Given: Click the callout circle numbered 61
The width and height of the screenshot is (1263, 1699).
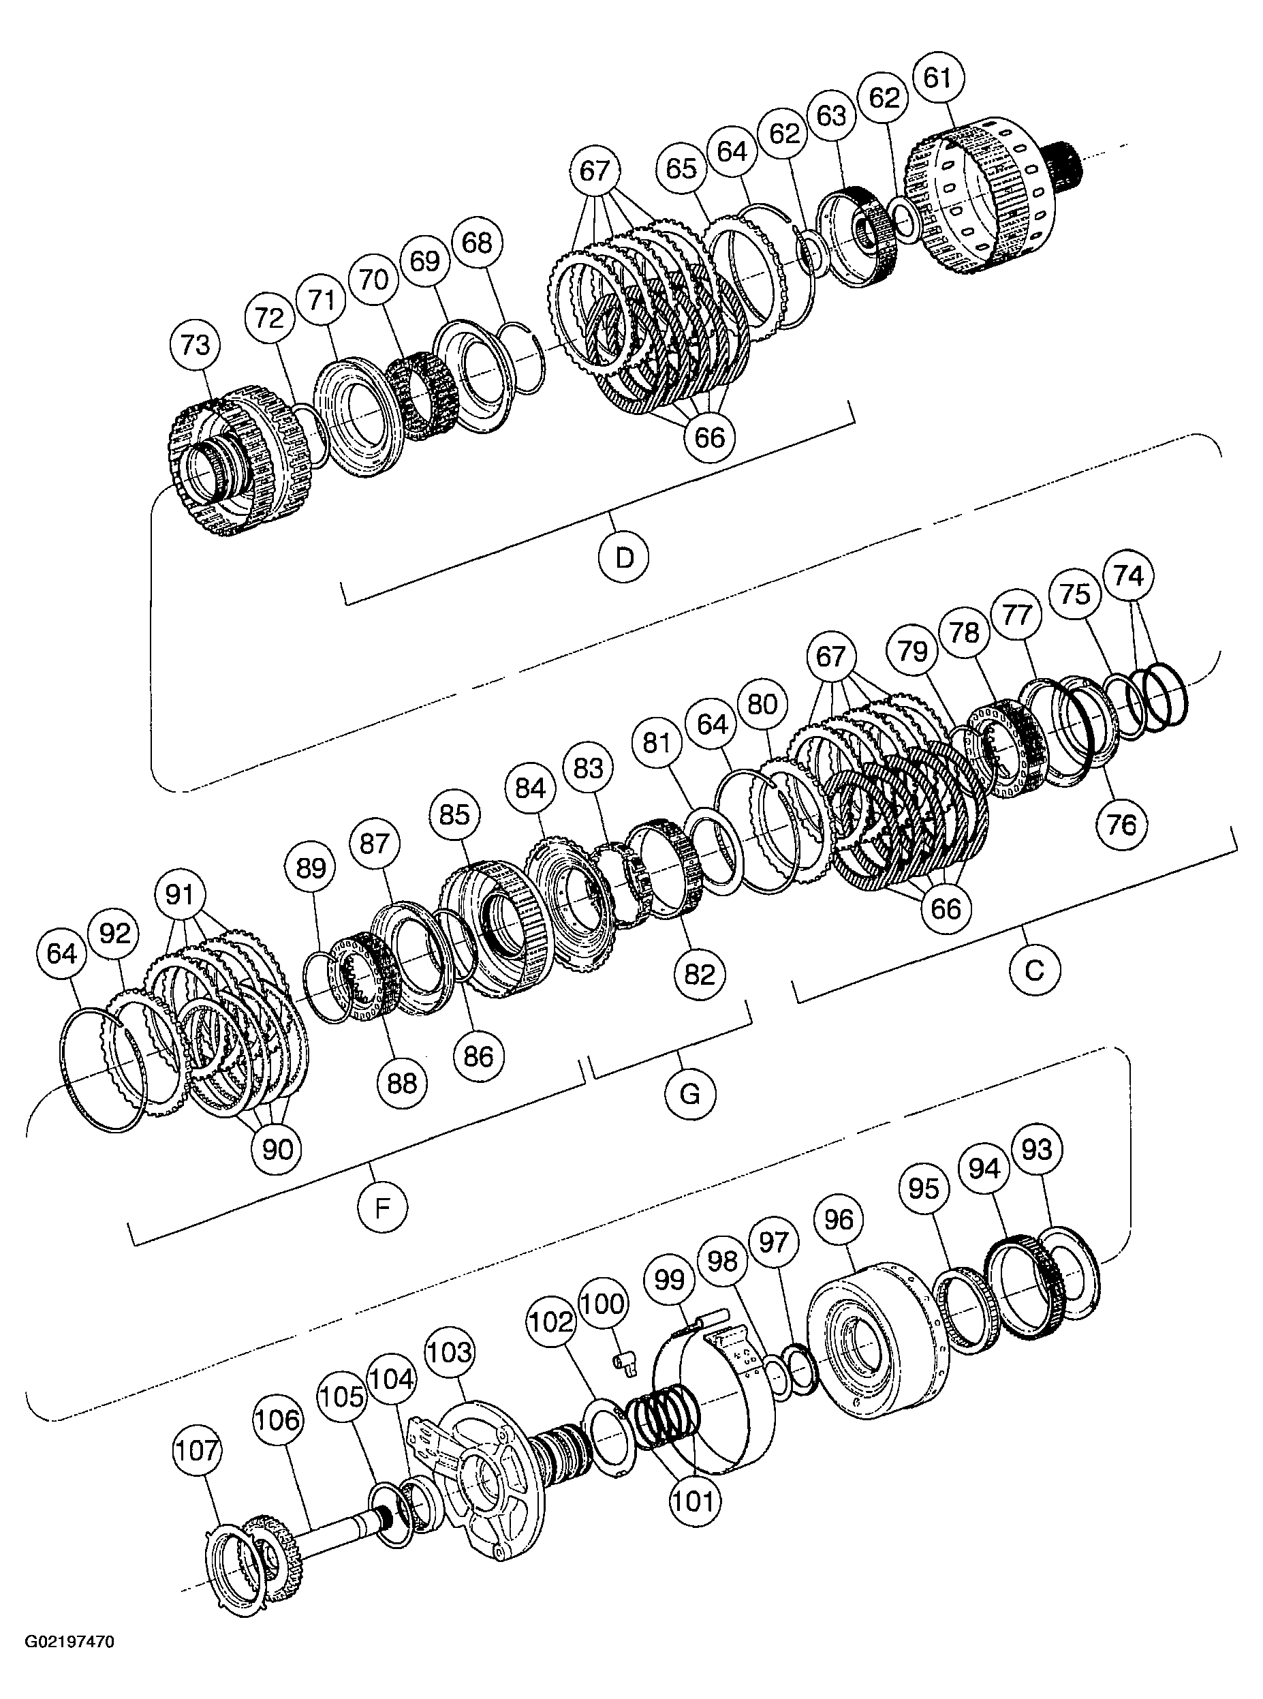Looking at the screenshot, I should [x=938, y=79].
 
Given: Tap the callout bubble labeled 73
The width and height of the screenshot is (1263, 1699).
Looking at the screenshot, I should [x=195, y=345].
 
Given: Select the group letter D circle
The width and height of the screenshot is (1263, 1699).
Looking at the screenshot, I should [x=625, y=558].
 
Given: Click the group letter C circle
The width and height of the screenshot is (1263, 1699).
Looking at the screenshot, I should [x=1033, y=970].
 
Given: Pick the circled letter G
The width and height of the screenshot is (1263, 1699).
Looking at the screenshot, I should [x=689, y=1095].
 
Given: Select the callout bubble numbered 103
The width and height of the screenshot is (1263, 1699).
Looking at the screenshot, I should [x=450, y=1374].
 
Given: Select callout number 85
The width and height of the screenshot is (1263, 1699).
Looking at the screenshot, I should [x=454, y=815].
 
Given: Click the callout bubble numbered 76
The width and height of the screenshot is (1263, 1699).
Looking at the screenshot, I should [x=1121, y=824].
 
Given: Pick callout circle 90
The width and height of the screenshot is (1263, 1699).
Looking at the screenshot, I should [x=277, y=1148].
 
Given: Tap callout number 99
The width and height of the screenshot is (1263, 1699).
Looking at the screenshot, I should [x=670, y=1279].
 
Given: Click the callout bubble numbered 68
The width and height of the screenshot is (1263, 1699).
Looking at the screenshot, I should [x=477, y=243].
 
